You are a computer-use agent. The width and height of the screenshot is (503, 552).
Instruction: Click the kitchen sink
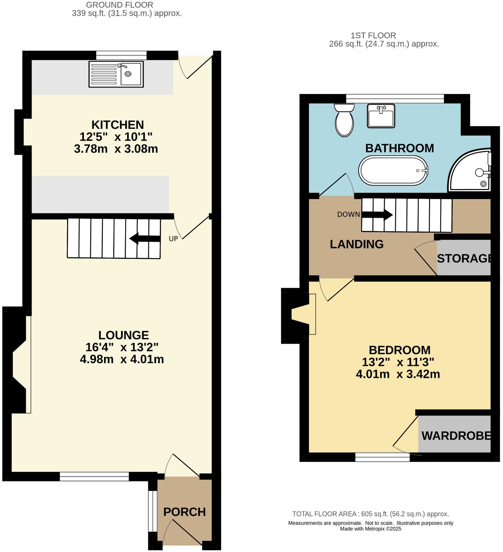click(116, 74)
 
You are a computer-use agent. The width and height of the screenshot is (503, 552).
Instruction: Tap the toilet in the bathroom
click(344, 121)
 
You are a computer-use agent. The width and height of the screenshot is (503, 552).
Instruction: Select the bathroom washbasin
click(381, 116)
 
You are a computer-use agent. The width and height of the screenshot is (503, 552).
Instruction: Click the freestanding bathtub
click(393, 170)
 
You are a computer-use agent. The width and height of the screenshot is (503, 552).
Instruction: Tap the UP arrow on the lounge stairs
click(145, 238)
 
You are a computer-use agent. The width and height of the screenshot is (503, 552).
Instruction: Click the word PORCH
click(184, 512)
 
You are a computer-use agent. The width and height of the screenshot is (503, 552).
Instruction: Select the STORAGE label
click(464, 258)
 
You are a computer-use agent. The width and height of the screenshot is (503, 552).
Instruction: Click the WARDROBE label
click(456, 435)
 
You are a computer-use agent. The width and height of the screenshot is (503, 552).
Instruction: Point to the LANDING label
click(357, 244)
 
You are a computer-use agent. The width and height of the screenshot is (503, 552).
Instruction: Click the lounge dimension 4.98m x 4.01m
click(122, 359)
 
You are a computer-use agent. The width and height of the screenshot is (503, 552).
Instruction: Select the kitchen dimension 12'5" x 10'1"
click(116, 137)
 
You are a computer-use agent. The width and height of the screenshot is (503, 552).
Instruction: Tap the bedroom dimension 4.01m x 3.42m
click(398, 374)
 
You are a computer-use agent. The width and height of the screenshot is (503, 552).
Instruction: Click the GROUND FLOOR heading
click(119, 5)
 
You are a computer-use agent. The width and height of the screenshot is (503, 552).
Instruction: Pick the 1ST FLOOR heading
click(373, 35)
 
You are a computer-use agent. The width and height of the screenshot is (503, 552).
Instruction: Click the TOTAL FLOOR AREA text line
click(370, 514)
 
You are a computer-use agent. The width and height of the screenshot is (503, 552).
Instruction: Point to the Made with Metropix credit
click(370, 529)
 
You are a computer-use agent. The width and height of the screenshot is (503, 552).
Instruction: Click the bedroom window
click(382, 457)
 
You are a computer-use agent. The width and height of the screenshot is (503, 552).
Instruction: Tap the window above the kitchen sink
click(121, 55)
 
